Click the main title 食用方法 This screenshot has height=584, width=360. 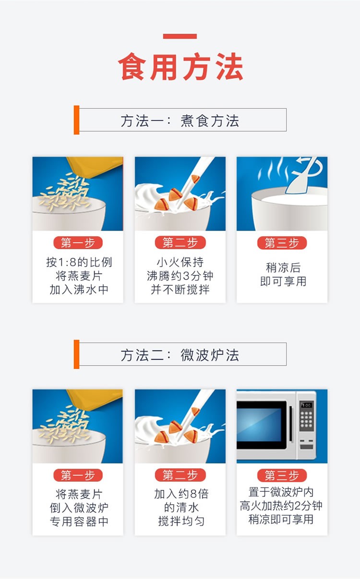180,67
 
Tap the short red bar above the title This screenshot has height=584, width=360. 180,36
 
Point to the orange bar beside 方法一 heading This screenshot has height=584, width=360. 76,120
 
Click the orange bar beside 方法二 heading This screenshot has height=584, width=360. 76,354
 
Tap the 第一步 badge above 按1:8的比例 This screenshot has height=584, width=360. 78,243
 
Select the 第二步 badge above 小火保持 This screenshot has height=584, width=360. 180,243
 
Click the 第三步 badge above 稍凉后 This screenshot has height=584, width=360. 282,243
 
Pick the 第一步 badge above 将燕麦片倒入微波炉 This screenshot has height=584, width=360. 78,475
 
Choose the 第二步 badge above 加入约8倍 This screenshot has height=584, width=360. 180,475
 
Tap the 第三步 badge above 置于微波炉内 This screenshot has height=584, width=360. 282,475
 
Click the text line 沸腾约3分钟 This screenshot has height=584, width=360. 180,276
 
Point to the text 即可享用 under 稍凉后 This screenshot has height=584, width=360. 283,281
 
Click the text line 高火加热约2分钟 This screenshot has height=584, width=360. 282,506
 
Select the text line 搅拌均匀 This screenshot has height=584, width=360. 180,521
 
